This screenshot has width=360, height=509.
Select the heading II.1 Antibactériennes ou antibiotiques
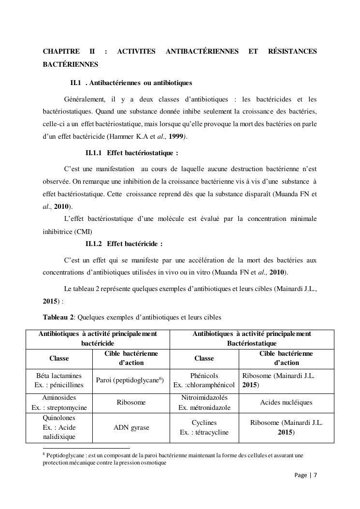pyautogui.click(x=131, y=83)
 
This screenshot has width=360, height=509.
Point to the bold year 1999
pyautogui.click(x=175, y=137)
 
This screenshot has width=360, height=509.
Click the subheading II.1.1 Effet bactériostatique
pyautogui.click(x=132, y=153)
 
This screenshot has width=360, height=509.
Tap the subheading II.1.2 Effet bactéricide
pyautogui.click(x=124, y=244)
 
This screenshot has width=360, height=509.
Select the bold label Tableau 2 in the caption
pyautogui.click(x=58, y=318)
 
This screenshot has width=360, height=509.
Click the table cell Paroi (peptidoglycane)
pyautogui.click(x=130, y=380)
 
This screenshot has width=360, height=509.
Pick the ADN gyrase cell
pyautogui.click(x=130, y=428)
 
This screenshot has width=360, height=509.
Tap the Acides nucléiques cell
pyautogui.click(x=286, y=402)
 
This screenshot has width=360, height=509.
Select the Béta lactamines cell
pyautogui.click(x=59, y=380)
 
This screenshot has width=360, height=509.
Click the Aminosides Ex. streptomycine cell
pyautogui.click(x=59, y=402)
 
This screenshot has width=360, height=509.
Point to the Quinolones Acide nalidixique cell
pyautogui.click(x=59, y=428)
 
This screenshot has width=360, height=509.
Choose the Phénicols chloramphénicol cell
pyautogui.click(x=204, y=380)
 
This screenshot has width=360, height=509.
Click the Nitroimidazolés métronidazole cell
pyautogui.click(x=204, y=402)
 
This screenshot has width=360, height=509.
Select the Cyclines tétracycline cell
pyautogui.click(x=204, y=428)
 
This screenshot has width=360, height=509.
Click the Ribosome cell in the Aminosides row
pyautogui.click(x=130, y=402)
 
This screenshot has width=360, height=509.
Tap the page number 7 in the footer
pyautogui.click(x=316, y=475)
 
